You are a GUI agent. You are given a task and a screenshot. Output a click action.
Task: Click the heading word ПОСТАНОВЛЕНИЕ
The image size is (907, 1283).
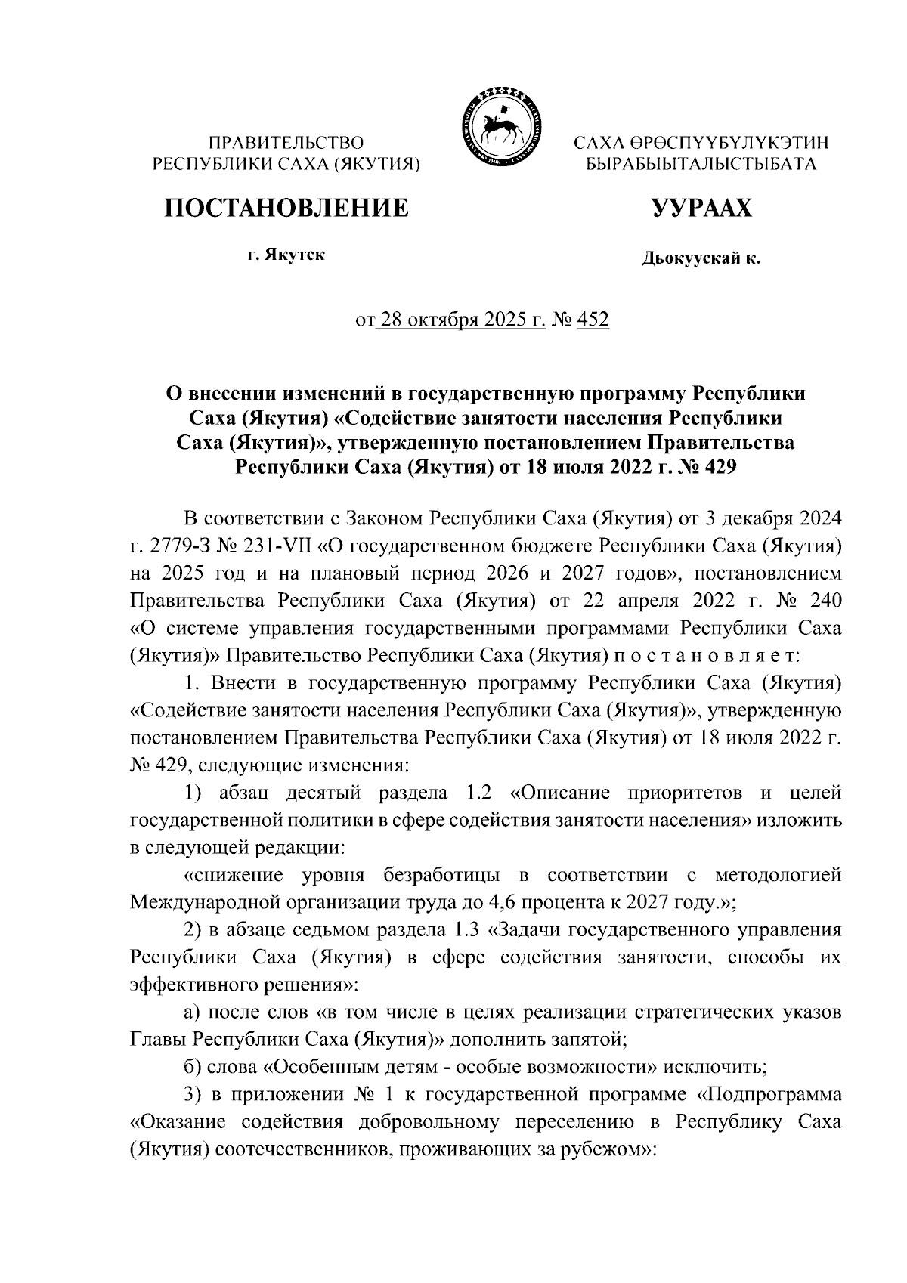click(x=287, y=207)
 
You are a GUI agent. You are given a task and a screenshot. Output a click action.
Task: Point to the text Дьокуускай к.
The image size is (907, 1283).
click(x=701, y=260)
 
